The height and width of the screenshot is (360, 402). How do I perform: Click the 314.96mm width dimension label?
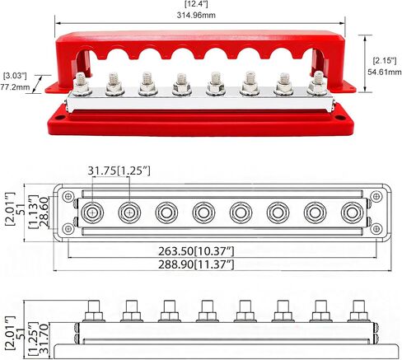(x=196, y=15)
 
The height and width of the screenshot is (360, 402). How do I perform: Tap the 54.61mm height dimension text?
(x=385, y=72)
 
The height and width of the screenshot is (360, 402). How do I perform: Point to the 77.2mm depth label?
(x=15, y=87)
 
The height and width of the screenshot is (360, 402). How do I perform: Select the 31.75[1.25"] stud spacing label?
(x=119, y=171)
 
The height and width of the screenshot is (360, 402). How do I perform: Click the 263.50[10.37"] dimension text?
(x=196, y=251)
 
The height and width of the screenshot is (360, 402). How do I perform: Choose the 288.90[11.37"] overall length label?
(x=196, y=264)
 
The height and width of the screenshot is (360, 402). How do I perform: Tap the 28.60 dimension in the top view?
(x=44, y=212)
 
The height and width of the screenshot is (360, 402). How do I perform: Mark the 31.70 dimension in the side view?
(x=44, y=339)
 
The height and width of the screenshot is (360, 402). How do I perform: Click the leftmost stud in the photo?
(x=81, y=83)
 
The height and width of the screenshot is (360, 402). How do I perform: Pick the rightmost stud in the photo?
(x=317, y=82)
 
